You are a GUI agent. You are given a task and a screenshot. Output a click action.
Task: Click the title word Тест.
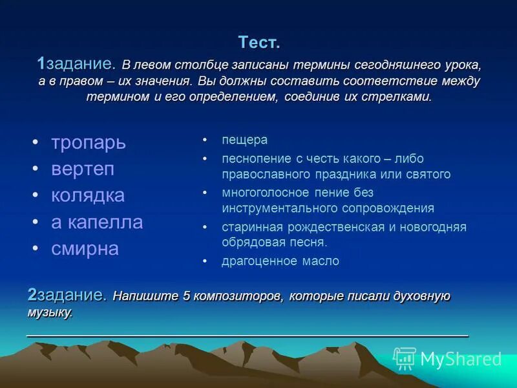coord(259,42)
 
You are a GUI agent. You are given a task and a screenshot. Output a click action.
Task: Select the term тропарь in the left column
coord(89,143)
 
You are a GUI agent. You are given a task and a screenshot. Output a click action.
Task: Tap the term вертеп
coord(83,169)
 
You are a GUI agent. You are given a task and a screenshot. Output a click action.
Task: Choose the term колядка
coord(88,195)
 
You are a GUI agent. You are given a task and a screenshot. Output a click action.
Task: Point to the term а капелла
coord(97,221)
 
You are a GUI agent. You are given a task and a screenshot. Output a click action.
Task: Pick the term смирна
coord(85,248)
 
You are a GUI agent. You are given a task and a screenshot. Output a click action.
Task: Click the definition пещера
coord(245,140)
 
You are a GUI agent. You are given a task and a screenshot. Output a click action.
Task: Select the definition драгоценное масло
coord(280,261)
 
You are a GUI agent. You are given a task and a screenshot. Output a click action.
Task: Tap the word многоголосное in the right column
coord(266,192)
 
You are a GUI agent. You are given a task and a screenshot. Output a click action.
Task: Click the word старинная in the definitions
coord(252,228)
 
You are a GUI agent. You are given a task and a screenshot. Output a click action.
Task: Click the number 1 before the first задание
coord(41,63)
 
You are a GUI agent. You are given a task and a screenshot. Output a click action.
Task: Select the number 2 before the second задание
coord(32,295)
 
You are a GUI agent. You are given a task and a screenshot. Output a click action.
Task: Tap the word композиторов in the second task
coord(238,296)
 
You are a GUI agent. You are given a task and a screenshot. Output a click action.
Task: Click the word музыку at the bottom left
coord(50,312)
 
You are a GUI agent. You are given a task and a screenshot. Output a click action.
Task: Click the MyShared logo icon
coord(405,358)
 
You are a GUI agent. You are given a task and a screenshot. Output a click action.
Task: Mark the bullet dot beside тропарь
coord(36,142)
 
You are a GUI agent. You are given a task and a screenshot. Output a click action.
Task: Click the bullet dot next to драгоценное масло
coord(205,261)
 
